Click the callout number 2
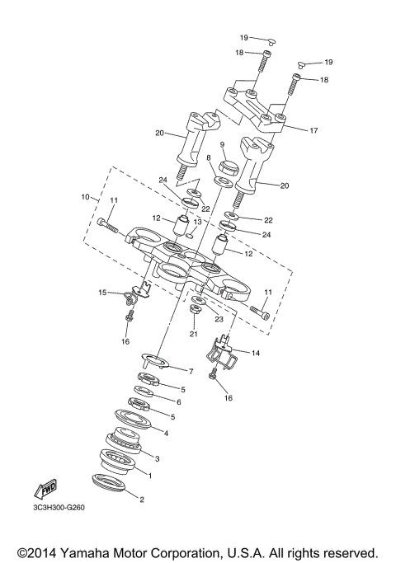[x=141, y=500]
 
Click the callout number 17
[x=313, y=130]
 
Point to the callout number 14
[x=256, y=354]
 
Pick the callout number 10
[x=85, y=198]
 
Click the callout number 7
[x=191, y=372]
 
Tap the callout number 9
[x=222, y=144]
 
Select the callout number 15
[x=103, y=292]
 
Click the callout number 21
[x=193, y=335]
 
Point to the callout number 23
[x=220, y=318]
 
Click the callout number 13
[x=198, y=222]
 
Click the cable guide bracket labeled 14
[x=225, y=356]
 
